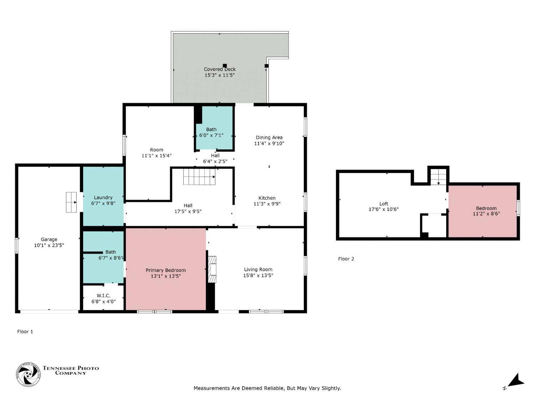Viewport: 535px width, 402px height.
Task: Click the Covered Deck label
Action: (x=220, y=69)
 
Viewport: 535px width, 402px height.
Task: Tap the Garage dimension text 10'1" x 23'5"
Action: (x=49, y=245)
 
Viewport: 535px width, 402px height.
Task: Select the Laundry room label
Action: (x=103, y=198)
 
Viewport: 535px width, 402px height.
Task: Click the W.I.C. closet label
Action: (x=103, y=296)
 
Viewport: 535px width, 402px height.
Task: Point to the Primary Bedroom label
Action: (x=165, y=270)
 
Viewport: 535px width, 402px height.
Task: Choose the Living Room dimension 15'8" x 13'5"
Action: (x=258, y=275)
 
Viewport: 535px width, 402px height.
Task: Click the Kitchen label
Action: (x=267, y=198)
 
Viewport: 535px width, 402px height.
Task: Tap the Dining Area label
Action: (x=269, y=138)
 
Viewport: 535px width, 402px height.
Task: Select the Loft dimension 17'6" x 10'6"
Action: (x=384, y=209)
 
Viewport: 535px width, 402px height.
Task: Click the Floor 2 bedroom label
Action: (x=486, y=208)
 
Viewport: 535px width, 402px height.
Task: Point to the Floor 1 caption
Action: (x=25, y=332)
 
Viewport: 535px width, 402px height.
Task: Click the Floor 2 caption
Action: (x=346, y=259)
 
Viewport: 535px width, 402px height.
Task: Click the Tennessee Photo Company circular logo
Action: (x=28, y=374)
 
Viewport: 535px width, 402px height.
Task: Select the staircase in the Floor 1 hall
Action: (x=199, y=177)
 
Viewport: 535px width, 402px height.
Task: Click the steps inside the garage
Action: (x=71, y=202)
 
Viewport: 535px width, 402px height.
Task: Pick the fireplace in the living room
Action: (x=212, y=269)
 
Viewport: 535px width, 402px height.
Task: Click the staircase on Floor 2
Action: (x=438, y=176)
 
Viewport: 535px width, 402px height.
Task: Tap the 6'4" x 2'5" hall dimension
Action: (x=215, y=162)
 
